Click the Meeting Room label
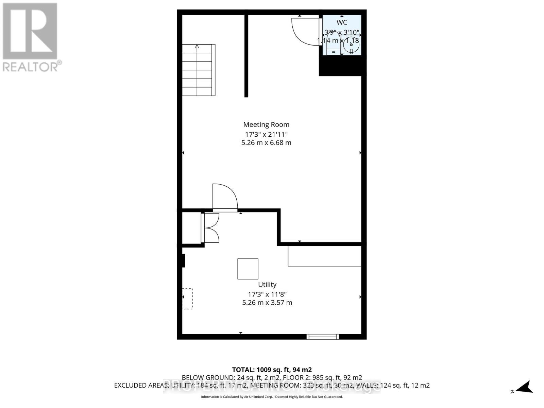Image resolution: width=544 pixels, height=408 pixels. (266, 124)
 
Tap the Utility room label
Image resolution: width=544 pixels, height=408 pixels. (267, 284)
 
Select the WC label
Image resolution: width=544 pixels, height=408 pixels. (342, 22)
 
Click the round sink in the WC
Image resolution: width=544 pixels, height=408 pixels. (351, 45)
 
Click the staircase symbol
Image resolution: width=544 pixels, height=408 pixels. (199, 70)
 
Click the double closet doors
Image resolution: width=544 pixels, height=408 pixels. (210, 228)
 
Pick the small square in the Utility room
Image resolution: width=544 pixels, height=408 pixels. (248, 269)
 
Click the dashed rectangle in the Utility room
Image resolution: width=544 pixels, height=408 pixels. (188, 299)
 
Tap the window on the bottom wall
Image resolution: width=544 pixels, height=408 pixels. (323, 337)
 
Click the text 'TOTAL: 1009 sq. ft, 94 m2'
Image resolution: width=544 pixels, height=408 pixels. (272, 370)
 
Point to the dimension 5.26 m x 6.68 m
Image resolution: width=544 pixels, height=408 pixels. (266, 143)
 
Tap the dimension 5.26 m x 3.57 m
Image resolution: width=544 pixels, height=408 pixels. (267, 303)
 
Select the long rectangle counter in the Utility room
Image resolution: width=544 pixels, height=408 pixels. (324, 256)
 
